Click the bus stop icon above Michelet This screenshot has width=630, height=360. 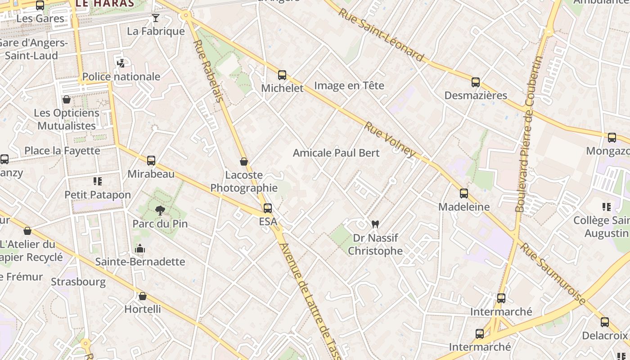(x=282, y=75)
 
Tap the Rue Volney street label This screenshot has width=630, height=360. (x=390, y=139)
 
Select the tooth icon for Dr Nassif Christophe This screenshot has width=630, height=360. (x=375, y=224)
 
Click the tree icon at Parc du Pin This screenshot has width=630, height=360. (x=160, y=210)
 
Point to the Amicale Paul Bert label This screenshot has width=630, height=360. (x=336, y=153)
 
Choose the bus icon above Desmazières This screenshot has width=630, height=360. (x=476, y=82)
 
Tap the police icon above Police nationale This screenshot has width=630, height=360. (x=121, y=63)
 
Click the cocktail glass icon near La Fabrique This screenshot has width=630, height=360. (x=156, y=18)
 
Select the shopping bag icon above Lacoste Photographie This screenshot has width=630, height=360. (x=244, y=162)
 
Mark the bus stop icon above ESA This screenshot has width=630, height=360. (x=268, y=208)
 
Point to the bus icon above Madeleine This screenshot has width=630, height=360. (x=464, y=193)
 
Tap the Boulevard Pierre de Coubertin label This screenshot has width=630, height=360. (x=529, y=134)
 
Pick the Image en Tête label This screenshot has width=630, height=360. (x=349, y=85)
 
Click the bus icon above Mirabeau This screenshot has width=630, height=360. (x=151, y=161)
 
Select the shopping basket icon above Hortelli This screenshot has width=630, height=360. (x=143, y=296)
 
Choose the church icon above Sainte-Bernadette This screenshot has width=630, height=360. (x=140, y=248)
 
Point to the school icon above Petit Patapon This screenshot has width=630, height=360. (x=98, y=181)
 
